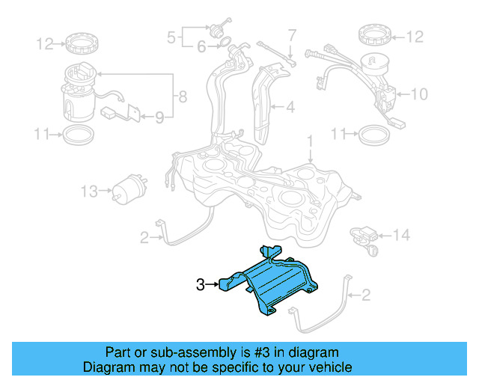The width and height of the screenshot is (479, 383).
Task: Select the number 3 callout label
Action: (200, 284)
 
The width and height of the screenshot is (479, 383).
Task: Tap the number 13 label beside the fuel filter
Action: (88, 191)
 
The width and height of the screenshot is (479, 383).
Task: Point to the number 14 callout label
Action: (402, 236)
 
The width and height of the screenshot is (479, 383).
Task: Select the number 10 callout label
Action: (420, 94)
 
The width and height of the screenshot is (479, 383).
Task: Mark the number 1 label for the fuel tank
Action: (309, 141)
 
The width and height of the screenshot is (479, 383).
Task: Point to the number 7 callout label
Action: (292, 34)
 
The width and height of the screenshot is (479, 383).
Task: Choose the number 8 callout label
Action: (180, 96)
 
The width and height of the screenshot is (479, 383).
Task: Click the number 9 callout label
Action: (159, 116)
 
